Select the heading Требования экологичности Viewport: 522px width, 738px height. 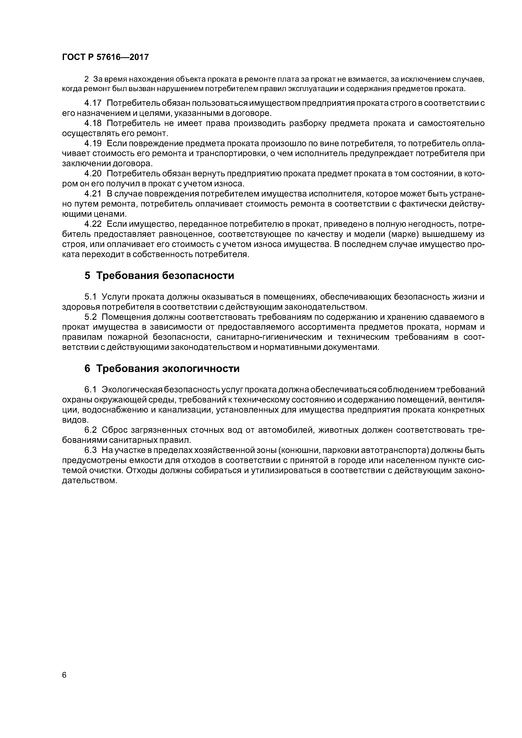pyautogui.click(x=168, y=368)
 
